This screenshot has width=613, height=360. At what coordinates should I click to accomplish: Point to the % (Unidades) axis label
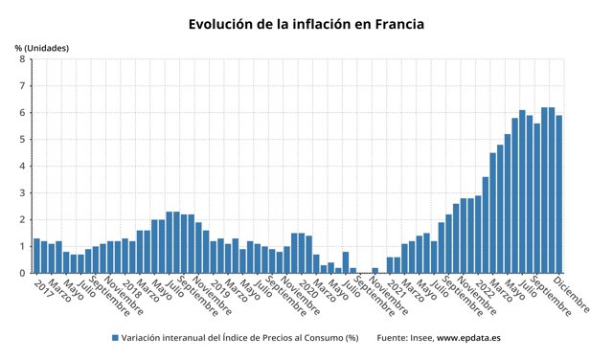41,48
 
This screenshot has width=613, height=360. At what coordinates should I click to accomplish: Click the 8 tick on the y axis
22,59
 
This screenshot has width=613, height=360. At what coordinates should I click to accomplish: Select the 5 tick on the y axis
22,140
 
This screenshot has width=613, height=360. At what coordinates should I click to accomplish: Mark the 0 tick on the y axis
22,273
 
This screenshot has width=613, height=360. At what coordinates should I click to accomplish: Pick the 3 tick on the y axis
22,193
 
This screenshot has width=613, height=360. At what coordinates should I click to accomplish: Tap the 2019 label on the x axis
220,286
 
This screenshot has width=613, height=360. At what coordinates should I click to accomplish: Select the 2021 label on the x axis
397,286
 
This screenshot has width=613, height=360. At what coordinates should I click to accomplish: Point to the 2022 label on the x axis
486,286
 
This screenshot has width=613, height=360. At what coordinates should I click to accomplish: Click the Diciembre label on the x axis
573,295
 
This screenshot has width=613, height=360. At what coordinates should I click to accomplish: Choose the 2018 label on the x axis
132,286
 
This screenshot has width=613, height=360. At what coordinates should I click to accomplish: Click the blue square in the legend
115,338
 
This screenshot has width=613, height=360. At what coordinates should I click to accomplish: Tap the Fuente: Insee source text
406,338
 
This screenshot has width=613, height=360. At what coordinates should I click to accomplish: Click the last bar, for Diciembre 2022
559,194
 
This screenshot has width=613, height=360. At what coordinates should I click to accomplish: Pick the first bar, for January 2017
36,256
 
